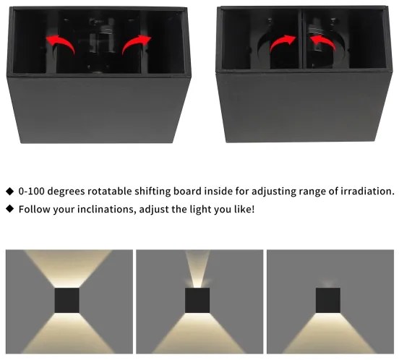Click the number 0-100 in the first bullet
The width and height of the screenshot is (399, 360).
coord(31,192)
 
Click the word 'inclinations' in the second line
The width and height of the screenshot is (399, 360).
coord(103,210)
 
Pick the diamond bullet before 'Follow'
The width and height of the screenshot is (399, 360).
coord(9,210)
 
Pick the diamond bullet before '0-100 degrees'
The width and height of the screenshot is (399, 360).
coord(9,192)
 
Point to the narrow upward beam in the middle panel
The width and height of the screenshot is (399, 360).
coord(198,269)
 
